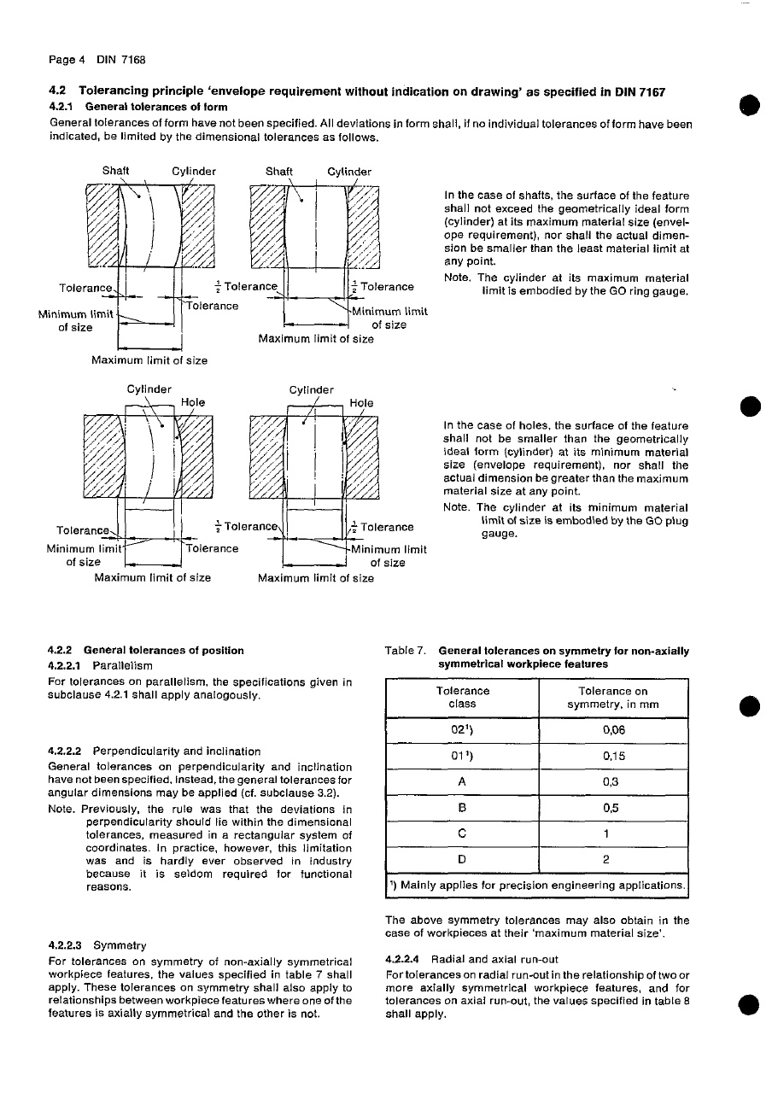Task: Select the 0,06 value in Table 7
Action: pyautogui.click(x=613, y=730)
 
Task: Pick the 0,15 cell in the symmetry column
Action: pyautogui.click(x=613, y=756)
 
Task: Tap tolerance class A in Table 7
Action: pyautogui.click(x=462, y=782)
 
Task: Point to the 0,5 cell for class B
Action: pyautogui.click(x=613, y=808)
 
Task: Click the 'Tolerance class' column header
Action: pyautogui.click(x=462, y=697)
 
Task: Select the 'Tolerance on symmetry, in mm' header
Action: pyautogui.click(x=613, y=697)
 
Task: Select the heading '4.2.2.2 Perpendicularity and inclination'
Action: pyautogui.click(x=155, y=751)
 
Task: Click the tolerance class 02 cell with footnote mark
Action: pyautogui.click(x=462, y=730)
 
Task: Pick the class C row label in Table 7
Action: pyautogui.click(x=462, y=833)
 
